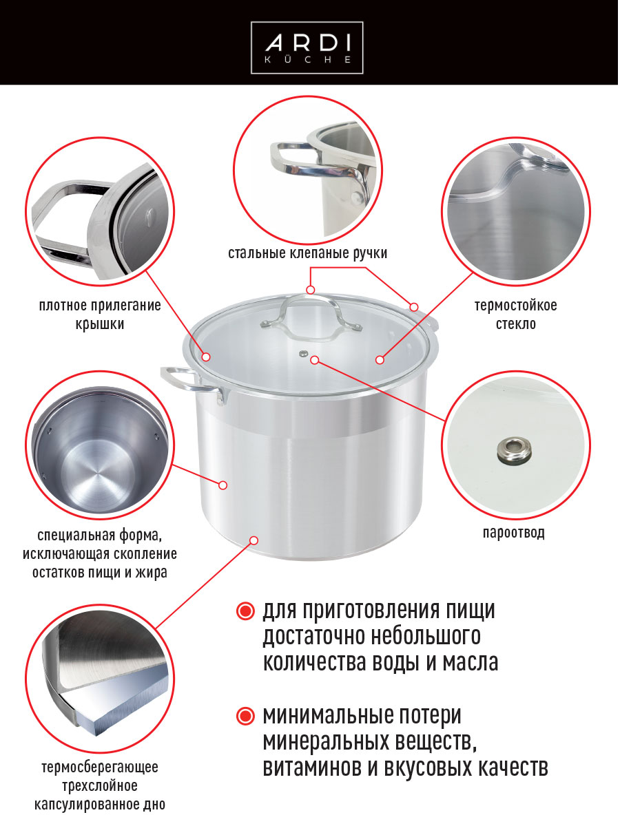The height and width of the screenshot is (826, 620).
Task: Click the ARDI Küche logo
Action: [x=307, y=47]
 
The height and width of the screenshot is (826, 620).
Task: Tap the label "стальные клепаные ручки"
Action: [x=307, y=253]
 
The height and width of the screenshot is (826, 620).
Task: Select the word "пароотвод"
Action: [x=514, y=533]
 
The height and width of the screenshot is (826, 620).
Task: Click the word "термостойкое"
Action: [x=516, y=305]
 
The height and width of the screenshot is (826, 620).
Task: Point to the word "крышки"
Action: [x=100, y=324]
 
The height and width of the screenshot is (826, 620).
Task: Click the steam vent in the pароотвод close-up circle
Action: [x=514, y=449]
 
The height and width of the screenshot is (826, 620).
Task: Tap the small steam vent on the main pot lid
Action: [x=302, y=353]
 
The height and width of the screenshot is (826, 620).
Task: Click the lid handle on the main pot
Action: [x=311, y=313]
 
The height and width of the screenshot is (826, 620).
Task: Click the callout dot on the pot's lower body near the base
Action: [x=254, y=540]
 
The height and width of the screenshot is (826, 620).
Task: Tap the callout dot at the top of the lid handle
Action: [x=310, y=289]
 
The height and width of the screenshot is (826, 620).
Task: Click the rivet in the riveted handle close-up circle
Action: [x=355, y=196]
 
